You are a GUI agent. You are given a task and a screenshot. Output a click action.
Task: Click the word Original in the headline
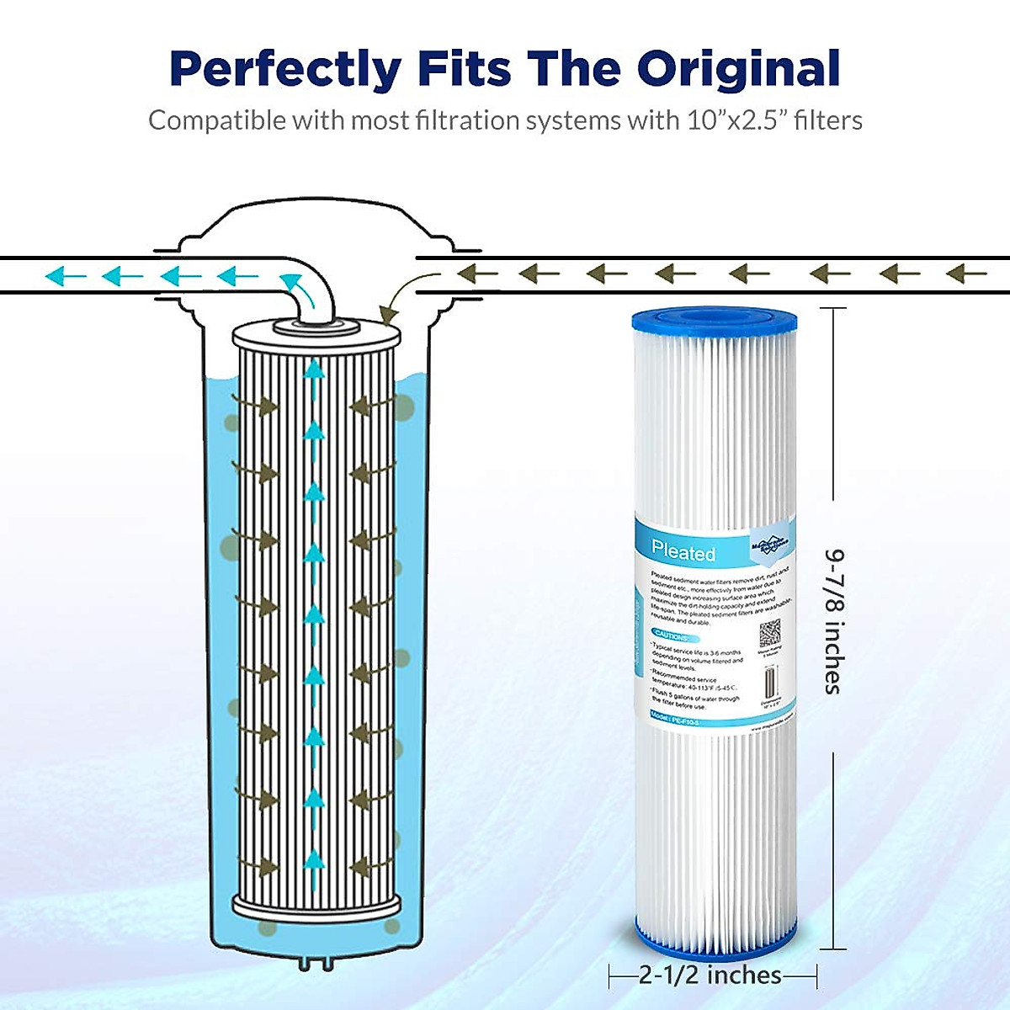pos(739,70)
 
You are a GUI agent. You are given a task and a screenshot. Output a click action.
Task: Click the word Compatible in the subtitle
pos(217,120)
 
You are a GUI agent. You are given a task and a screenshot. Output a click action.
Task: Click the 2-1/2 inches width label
pos(710,975)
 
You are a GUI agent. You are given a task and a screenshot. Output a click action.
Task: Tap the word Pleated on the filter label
pos(683,552)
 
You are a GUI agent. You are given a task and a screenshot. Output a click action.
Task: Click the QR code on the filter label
pos(769,633)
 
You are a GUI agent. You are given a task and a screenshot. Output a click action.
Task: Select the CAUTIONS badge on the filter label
pos(671,635)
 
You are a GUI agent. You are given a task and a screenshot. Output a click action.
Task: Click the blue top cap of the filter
pos(714,321)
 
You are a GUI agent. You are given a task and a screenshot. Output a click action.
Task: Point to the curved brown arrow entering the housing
pos(396,299)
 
